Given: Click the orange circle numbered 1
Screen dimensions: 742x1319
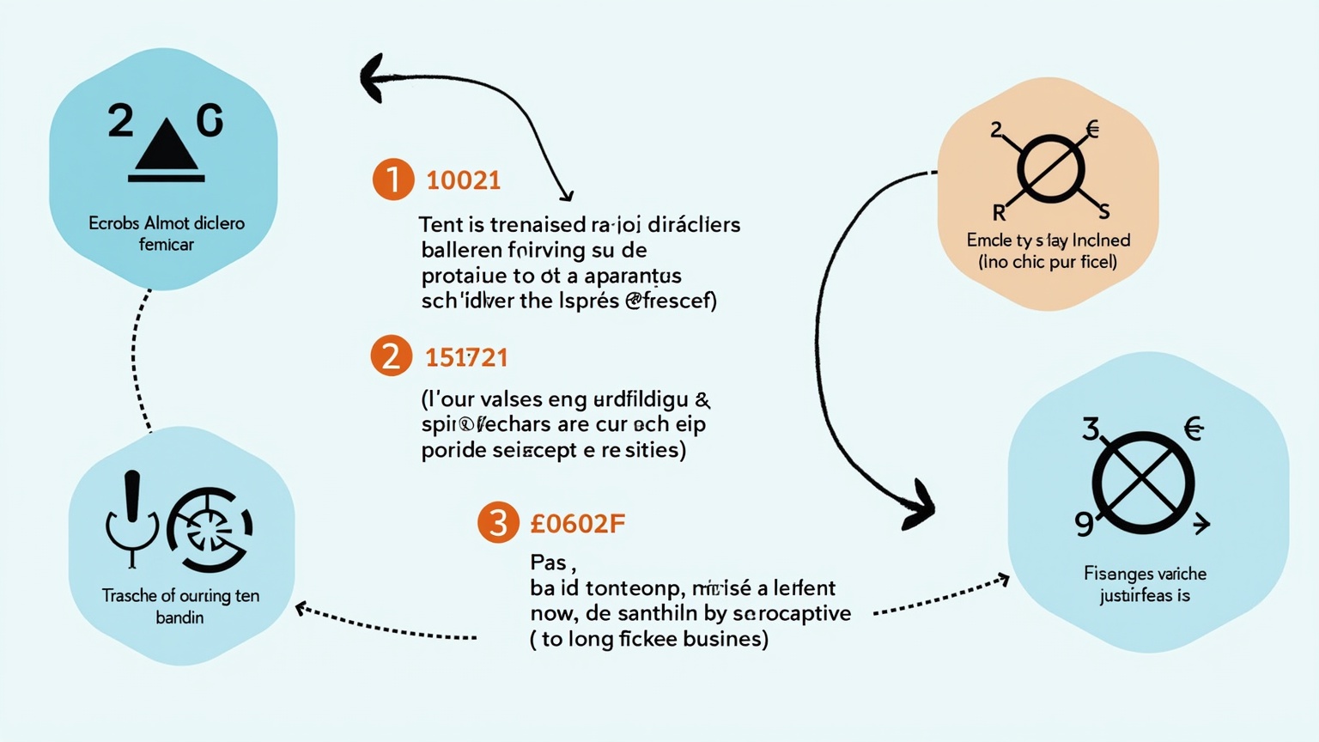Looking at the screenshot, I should click(x=393, y=179).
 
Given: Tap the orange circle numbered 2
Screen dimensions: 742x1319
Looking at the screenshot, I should click(x=392, y=356).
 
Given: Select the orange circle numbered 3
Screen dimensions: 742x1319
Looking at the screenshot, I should click(x=498, y=522).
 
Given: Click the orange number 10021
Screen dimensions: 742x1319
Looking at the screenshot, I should click(x=463, y=180).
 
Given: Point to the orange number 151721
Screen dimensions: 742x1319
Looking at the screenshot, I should click(x=466, y=357).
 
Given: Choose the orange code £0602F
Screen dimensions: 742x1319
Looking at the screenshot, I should click(x=577, y=523).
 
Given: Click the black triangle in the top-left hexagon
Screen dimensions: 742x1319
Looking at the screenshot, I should click(x=167, y=146).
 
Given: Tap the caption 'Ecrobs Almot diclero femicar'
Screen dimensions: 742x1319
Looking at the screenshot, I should click(x=167, y=234).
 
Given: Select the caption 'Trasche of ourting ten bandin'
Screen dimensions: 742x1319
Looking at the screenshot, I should click(x=180, y=606).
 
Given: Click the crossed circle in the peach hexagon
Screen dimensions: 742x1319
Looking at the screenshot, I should click(x=1049, y=168).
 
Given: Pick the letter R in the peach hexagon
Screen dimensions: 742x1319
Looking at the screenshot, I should click(x=1000, y=213).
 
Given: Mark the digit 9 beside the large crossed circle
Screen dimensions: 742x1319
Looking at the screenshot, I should click(x=1085, y=523).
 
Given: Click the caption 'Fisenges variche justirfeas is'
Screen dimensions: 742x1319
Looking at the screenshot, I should click(x=1145, y=584).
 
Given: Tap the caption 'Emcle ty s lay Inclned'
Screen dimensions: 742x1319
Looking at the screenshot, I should click(x=1048, y=240).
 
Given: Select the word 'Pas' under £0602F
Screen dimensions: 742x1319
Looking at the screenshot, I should click(x=549, y=563).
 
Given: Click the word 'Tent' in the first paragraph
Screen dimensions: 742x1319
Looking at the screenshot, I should click(x=441, y=225).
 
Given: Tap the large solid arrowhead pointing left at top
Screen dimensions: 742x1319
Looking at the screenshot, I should click(x=374, y=78).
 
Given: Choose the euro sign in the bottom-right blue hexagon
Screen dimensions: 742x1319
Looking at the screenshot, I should click(x=1194, y=428).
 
